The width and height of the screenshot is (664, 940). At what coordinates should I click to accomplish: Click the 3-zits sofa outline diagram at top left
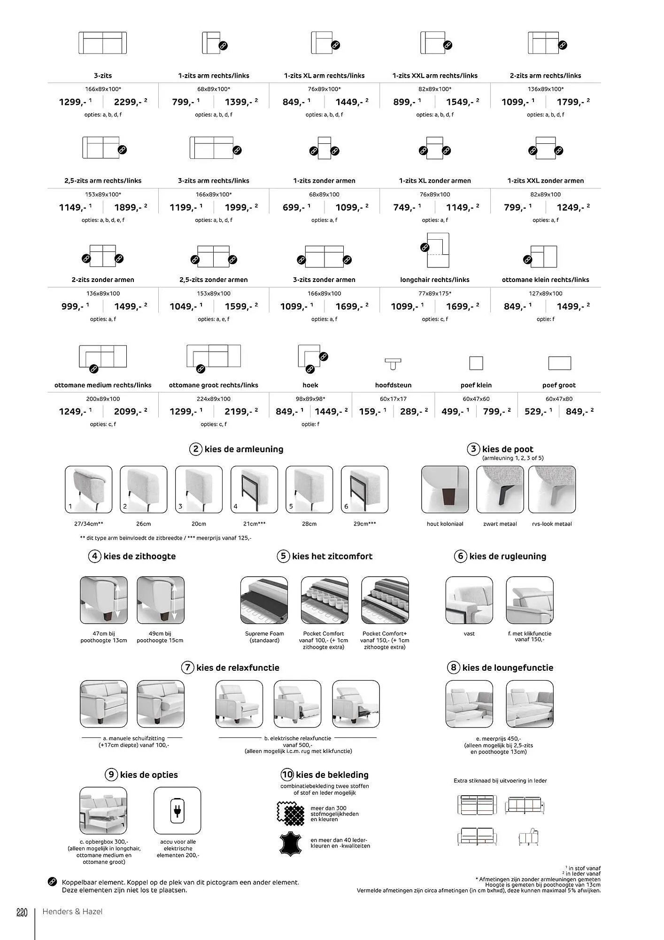click(102, 43)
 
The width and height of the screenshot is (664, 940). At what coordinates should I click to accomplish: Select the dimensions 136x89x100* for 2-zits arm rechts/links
click(545, 89)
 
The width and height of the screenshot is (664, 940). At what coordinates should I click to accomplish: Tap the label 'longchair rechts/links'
click(434, 280)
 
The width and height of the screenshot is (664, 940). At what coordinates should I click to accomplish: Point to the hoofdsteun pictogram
click(393, 363)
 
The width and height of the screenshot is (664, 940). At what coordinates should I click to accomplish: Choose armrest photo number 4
click(254, 489)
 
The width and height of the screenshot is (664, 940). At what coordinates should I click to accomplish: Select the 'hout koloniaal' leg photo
click(445, 489)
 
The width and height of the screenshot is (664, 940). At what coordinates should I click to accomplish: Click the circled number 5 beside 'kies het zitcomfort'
click(283, 556)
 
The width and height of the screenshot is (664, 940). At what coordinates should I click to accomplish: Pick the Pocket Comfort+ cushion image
click(385, 600)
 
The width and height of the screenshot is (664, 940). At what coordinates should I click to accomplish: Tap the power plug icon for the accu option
click(177, 811)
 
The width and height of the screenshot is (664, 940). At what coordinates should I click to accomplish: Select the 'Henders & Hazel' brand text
click(72, 912)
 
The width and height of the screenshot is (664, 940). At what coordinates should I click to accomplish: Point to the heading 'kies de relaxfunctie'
click(238, 668)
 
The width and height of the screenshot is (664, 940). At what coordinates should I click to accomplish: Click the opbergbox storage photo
click(103, 811)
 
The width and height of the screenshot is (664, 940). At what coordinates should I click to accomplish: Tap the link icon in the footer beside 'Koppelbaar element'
click(53, 882)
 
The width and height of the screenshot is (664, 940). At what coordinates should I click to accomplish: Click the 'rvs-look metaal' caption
click(552, 524)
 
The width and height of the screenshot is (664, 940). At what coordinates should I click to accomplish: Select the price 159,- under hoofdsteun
click(369, 412)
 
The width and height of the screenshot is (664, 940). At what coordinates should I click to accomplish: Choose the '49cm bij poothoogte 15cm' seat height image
click(160, 600)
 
